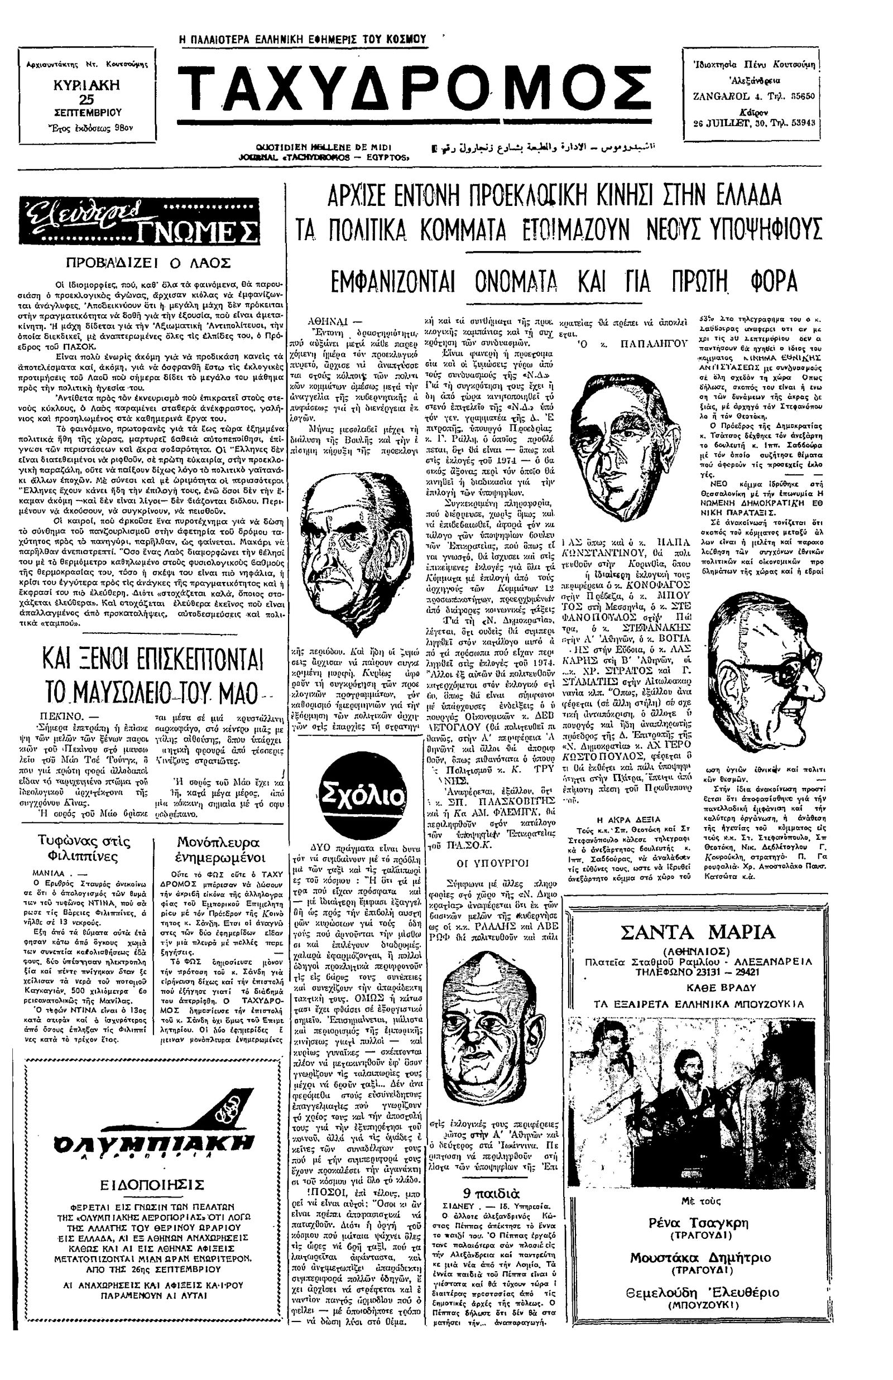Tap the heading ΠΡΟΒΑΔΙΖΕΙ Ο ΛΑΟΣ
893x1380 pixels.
pyautogui.click(x=149, y=263)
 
